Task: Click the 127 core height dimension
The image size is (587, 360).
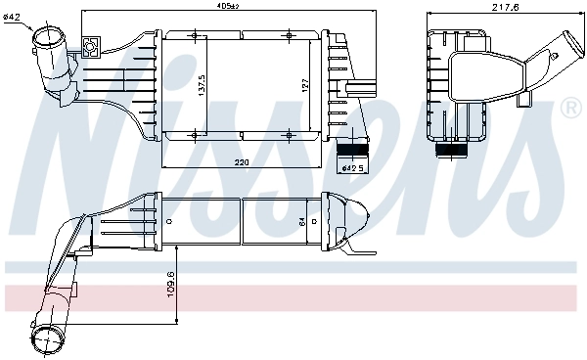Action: click(306, 86)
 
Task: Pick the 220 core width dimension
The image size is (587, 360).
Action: click(241, 160)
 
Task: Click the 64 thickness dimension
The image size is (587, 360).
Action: click(301, 221)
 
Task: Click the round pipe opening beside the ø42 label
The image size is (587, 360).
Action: click(47, 41)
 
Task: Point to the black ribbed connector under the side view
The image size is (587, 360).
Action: click(452, 152)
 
